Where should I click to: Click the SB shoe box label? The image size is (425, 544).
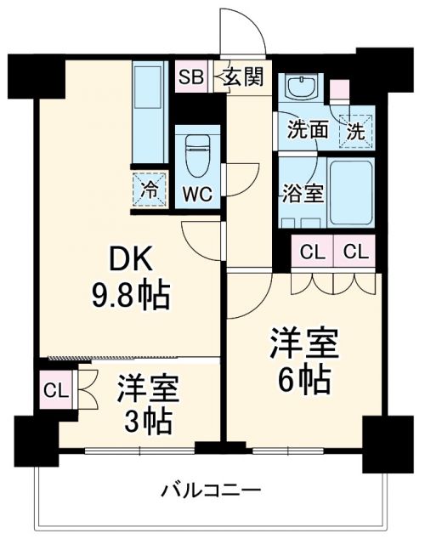(x=190, y=77)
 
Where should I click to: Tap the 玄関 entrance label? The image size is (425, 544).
(x=244, y=77)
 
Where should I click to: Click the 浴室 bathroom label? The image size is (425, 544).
(x=303, y=191)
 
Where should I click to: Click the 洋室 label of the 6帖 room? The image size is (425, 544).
(x=305, y=344)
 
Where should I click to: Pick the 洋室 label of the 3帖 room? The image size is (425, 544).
(x=148, y=388)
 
